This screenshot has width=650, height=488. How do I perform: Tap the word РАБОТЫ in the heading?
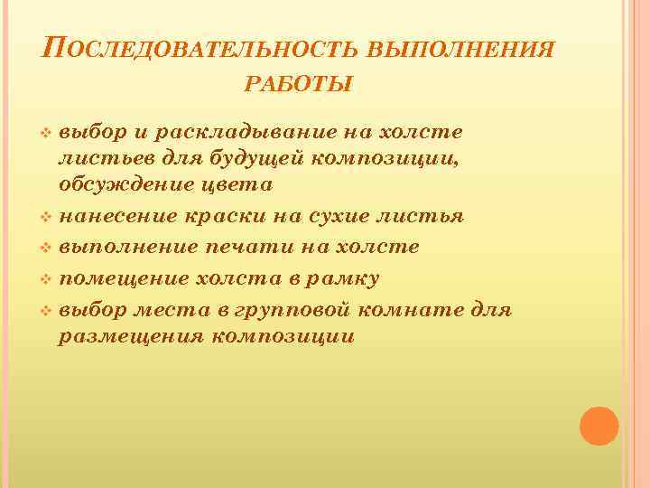point(299,85)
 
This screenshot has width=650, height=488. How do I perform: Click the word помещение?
point(121,277)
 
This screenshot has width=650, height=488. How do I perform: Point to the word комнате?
point(420,310)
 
